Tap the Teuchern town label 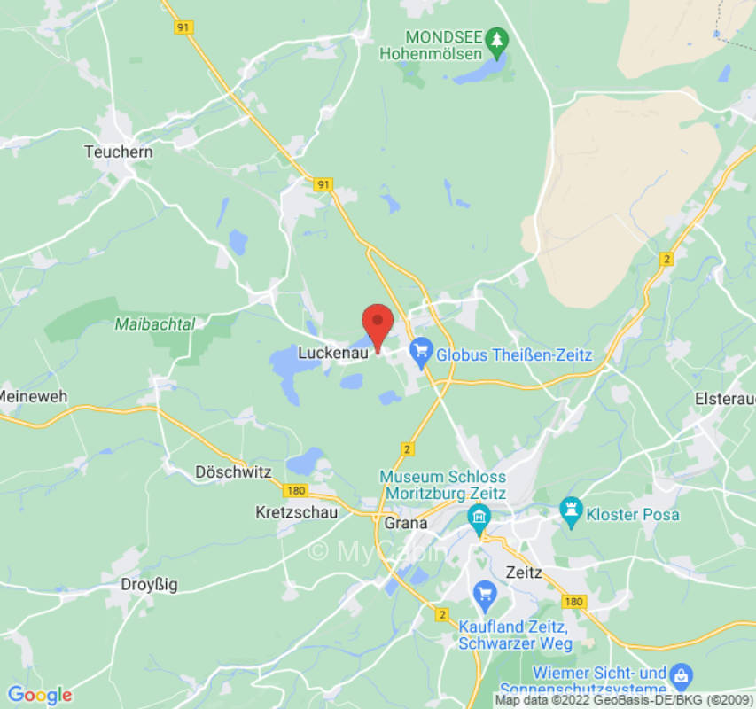point(118,152)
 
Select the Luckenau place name point(332,353)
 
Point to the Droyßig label point(148,584)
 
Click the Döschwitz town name point(233,472)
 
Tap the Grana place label point(406,523)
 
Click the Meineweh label point(34,396)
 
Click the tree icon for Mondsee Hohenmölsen point(498,39)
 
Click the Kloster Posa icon point(570,510)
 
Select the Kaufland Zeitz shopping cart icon point(484,592)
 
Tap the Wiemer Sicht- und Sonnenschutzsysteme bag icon point(680,674)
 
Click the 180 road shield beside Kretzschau point(296,490)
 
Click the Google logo point(39,695)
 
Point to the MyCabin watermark point(376,552)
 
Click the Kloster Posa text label point(633,515)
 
